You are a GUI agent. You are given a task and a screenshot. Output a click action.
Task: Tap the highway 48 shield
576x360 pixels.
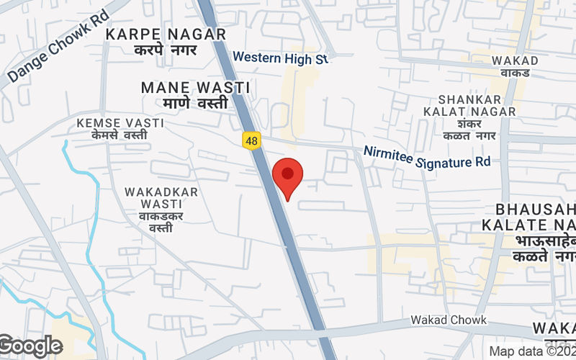click(251, 141)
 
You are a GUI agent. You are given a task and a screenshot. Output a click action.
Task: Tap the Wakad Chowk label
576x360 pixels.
click(449, 320)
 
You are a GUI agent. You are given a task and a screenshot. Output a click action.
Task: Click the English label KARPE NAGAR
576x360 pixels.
click(166, 34)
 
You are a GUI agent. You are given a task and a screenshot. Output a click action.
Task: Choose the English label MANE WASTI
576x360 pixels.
click(195, 87)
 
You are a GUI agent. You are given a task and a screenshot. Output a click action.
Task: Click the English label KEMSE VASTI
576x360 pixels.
click(120, 123)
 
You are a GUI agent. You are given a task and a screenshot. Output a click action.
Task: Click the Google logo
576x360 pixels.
click(30, 346)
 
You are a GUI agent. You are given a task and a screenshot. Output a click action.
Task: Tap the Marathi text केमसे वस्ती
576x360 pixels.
click(120, 135)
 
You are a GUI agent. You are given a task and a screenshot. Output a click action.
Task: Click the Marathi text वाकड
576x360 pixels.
click(516, 73)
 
